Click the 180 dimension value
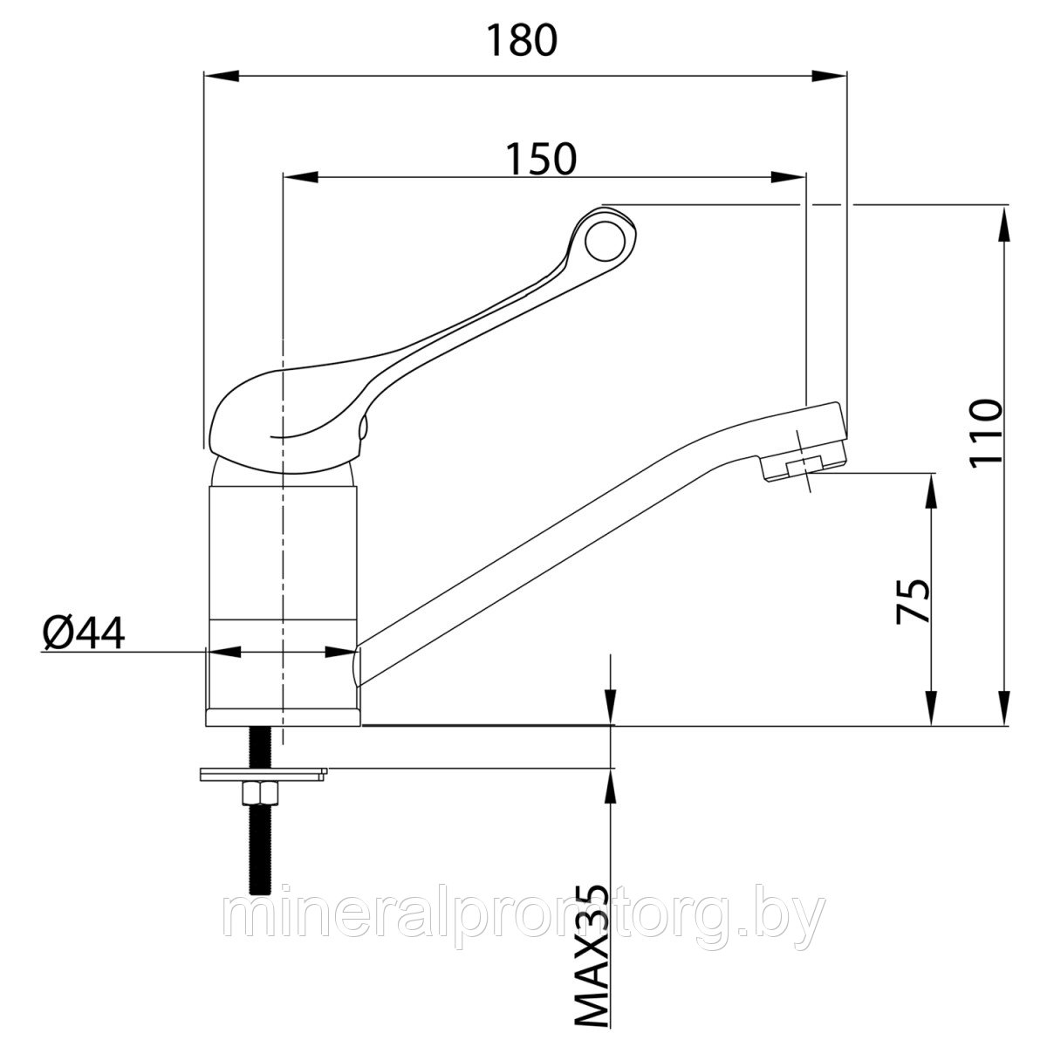tap(521, 40)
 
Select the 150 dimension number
tap(541, 159)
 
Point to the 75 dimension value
tap(914, 600)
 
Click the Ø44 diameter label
tap(84, 633)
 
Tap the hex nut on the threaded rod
tap(260, 794)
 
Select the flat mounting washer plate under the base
tap(263, 774)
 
